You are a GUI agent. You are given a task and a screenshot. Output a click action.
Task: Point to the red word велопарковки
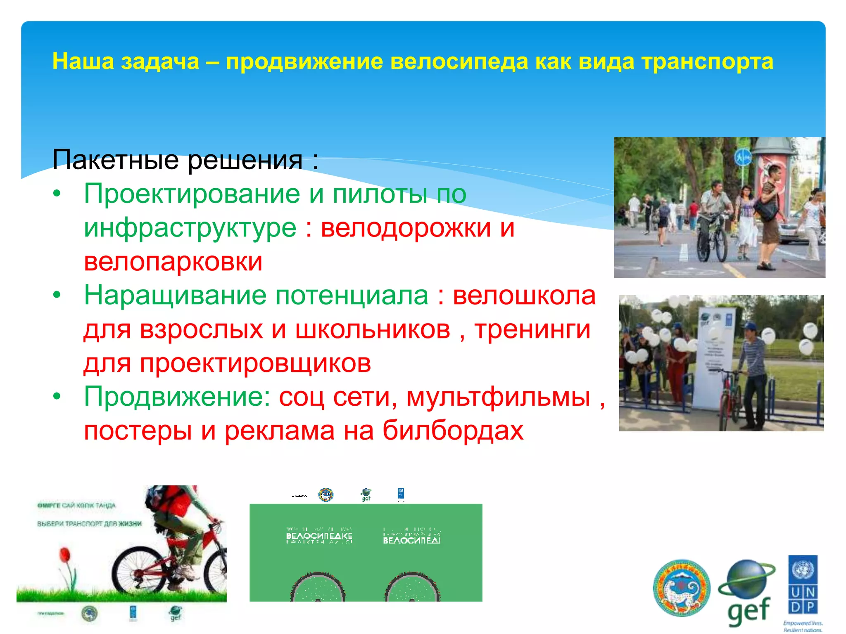click(173, 261)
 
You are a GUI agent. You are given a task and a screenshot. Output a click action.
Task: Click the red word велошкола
click(524, 296)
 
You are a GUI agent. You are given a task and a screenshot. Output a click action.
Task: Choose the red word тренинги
click(532, 329)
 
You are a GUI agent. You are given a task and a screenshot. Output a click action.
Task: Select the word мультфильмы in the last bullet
click(498, 397)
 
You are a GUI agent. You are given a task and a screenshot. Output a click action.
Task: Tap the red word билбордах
click(453, 431)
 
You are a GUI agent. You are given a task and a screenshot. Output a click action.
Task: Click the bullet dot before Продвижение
click(57, 397)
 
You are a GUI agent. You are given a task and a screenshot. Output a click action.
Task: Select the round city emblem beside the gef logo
click(681, 588)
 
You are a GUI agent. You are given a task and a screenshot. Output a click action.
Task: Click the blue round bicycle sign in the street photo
click(743, 158)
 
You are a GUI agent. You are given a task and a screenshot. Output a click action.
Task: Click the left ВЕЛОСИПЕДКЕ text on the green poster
click(319, 536)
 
